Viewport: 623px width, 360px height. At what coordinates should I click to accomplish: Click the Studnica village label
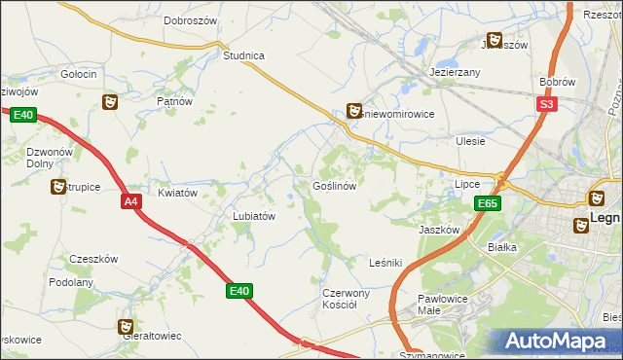click(243, 55)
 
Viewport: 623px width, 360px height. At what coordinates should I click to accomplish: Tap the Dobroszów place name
click(190, 19)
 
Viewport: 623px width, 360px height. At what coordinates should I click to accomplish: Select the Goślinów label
click(339, 185)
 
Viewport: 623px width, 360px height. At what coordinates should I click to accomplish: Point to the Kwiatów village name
click(177, 193)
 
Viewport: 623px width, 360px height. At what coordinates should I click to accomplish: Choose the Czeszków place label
click(93, 259)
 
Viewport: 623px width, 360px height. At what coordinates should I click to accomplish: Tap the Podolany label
click(71, 282)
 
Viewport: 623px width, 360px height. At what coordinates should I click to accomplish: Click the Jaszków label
click(438, 230)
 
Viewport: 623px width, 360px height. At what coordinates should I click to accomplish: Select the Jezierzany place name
click(456, 73)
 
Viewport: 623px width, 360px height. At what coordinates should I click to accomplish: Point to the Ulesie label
click(470, 141)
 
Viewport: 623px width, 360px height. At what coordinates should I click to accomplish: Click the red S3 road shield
click(547, 104)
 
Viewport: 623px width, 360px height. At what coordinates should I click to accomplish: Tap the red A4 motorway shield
click(131, 201)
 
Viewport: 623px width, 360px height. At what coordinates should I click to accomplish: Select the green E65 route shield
click(489, 203)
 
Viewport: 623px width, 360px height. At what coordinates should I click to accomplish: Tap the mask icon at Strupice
click(57, 185)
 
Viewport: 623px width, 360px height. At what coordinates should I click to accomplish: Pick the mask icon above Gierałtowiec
click(125, 327)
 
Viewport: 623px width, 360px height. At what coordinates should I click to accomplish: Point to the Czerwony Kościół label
click(346, 299)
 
